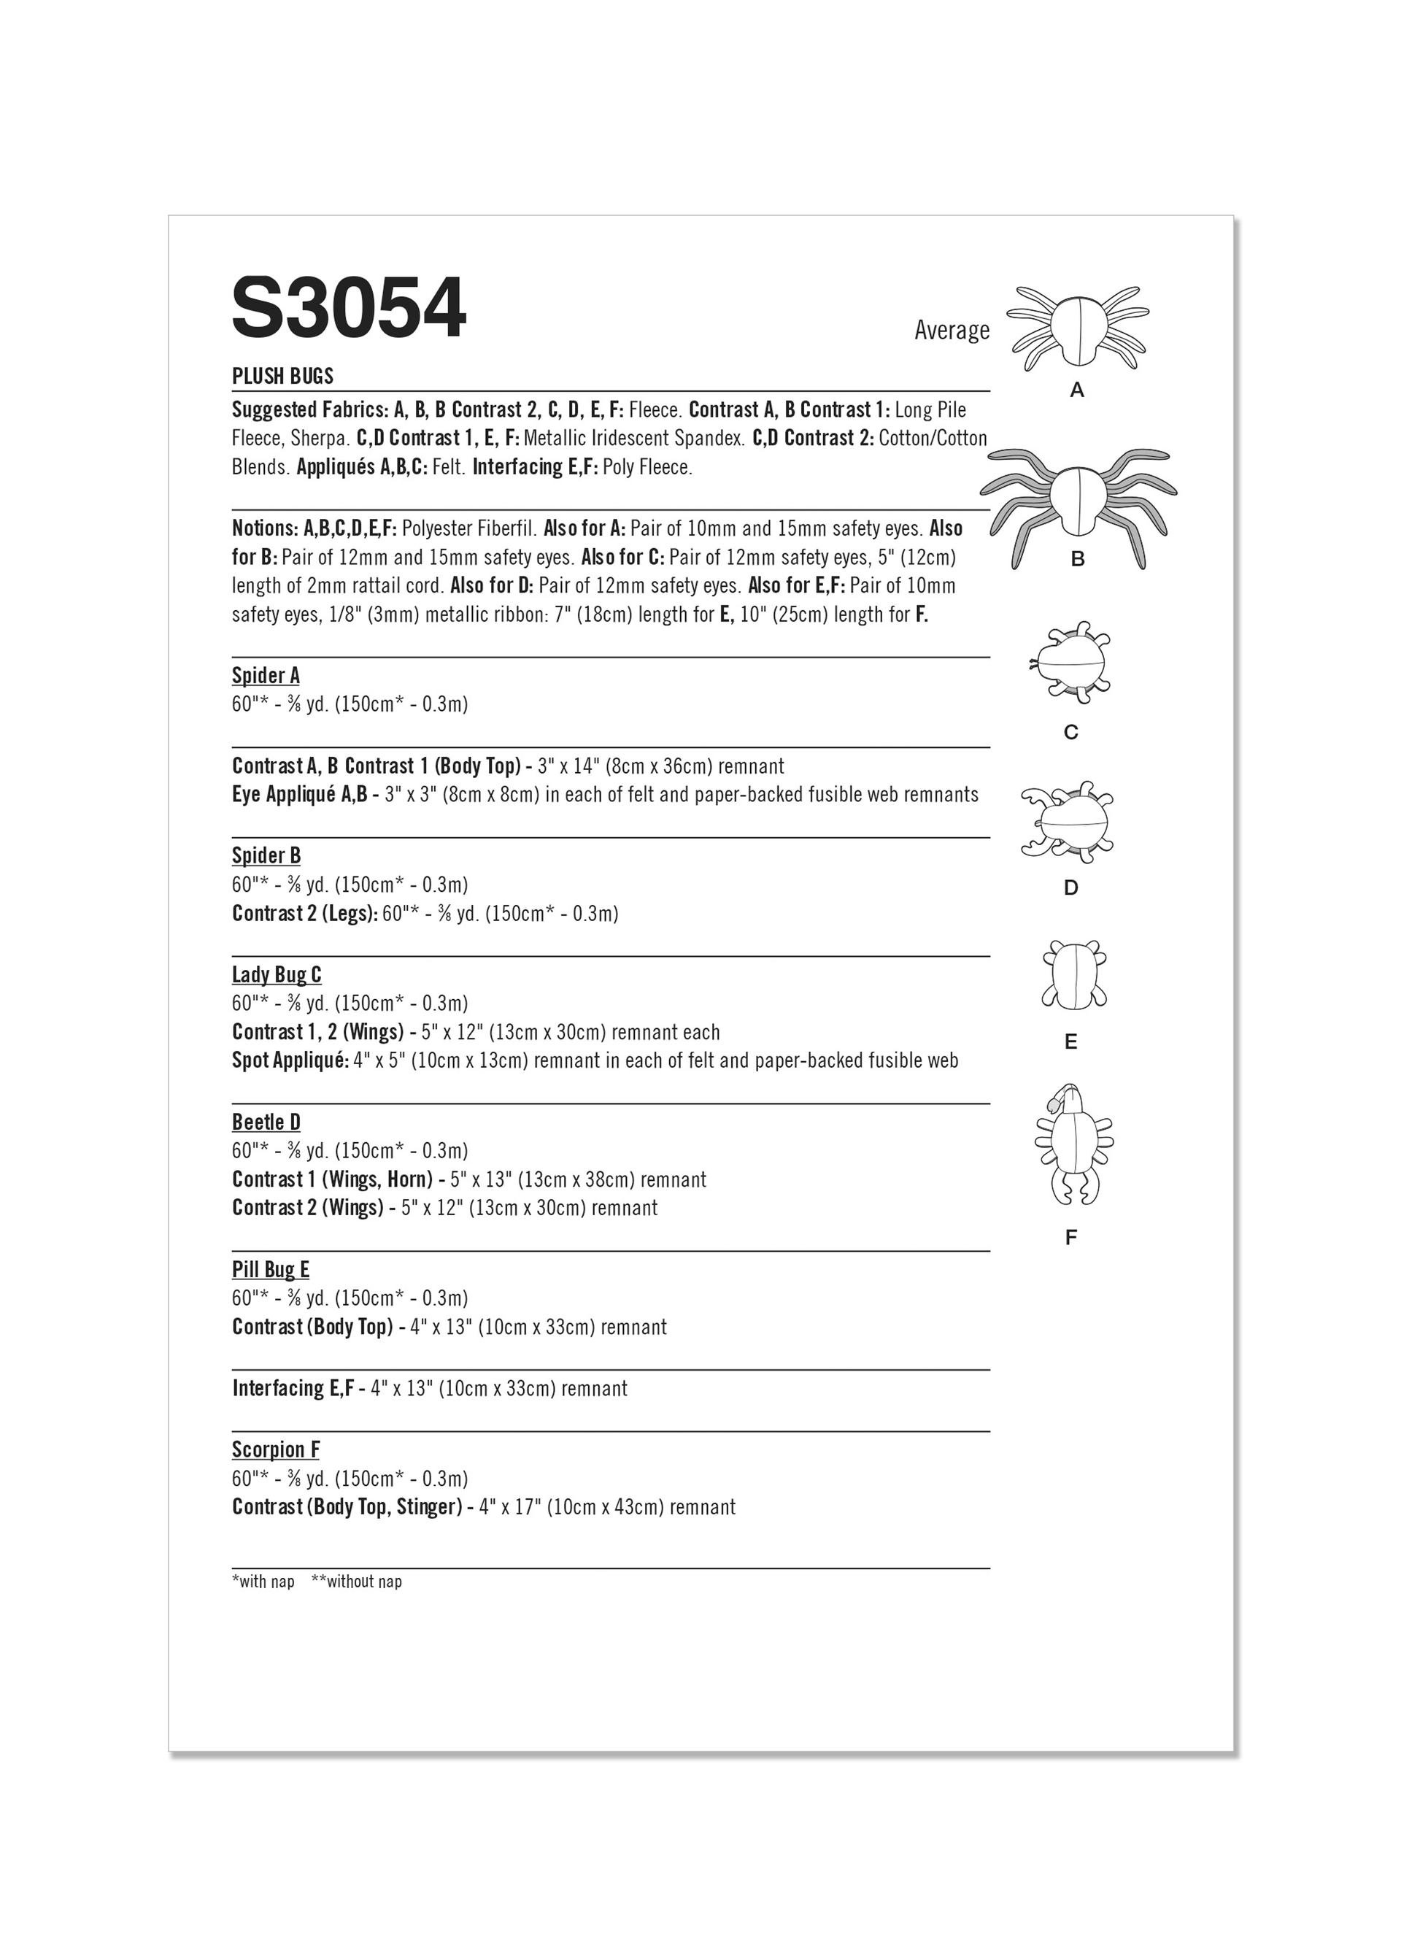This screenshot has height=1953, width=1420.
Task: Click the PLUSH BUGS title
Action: pyautogui.click(x=282, y=377)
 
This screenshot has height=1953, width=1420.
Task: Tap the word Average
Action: pyautogui.click(x=952, y=331)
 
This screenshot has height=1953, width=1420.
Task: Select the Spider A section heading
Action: pyautogui.click(x=265, y=676)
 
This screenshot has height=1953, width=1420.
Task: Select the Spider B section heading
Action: pyautogui.click(x=266, y=856)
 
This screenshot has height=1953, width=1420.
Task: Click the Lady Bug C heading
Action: pyautogui.click(x=277, y=975)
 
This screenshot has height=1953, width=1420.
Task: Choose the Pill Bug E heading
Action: pyautogui.click(x=271, y=1269)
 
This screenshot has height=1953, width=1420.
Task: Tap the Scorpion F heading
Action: pyautogui.click(x=276, y=1450)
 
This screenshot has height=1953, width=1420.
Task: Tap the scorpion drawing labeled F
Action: pyautogui.click(x=1073, y=1144)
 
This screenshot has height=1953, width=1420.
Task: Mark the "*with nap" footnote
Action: pyautogui.click(x=263, y=1582)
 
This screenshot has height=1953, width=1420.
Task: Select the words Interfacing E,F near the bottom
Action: pyautogui.click(x=293, y=1388)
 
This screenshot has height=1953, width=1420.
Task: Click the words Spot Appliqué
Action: pyautogui.click(x=290, y=1061)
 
